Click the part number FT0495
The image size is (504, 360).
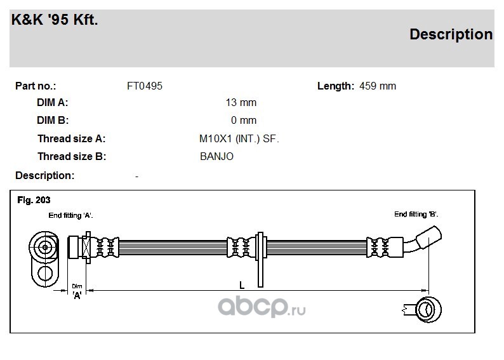pyautogui.click(x=145, y=86)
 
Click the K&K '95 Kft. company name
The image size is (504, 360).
pyautogui.click(x=55, y=19)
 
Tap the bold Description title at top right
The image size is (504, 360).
pyautogui.click(x=451, y=34)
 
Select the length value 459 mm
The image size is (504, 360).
pyautogui.click(x=378, y=86)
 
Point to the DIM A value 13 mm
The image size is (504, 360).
pyautogui.click(x=241, y=102)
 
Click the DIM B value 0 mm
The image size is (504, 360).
pyautogui.click(x=244, y=120)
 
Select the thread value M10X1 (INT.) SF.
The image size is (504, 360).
pyautogui.click(x=239, y=138)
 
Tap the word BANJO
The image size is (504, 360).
pyautogui.click(x=216, y=156)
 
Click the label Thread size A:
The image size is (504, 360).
pyautogui.click(x=71, y=138)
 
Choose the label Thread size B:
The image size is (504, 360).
pyautogui.click(x=72, y=156)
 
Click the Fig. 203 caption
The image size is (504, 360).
pyautogui.click(x=34, y=200)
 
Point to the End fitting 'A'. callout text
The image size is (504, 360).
pyautogui.click(x=70, y=215)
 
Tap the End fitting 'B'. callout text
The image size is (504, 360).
pyautogui.click(x=416, y=214)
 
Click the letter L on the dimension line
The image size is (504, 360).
pyautogui.click(x=242, y=285)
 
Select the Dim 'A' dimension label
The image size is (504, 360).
pyautogui.click(x=77, y=291)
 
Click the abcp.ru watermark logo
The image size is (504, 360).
pyautogui.click(x=262, y=307)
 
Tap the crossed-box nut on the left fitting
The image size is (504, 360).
pyautogui.click(x=86, y=248)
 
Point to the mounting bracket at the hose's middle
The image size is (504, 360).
pyautogui.click(x=260, y=260)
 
